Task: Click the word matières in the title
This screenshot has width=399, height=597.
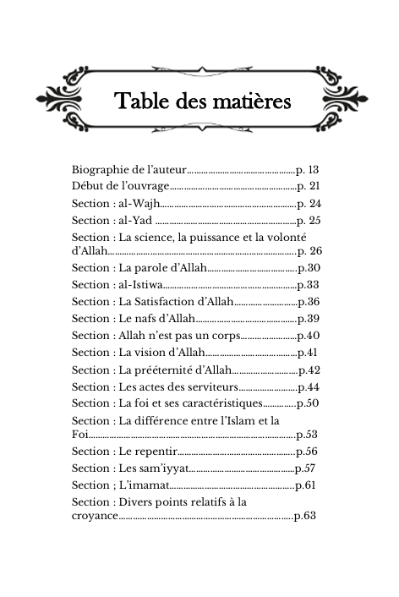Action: tap(250, 102)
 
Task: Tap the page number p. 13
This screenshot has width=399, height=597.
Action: tap(308, 170)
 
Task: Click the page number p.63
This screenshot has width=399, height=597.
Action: tap(303, 516)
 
